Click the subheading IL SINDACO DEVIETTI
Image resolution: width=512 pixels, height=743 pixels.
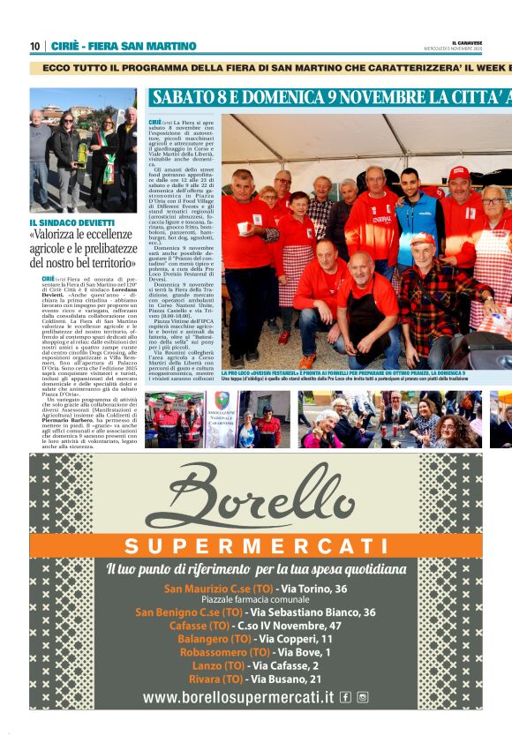click(72, 222)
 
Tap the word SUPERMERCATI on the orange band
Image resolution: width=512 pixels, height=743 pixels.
click(255, 544)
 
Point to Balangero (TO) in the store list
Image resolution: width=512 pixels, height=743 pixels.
click(214, 639)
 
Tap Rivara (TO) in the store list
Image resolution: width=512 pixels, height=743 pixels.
click(216, 679)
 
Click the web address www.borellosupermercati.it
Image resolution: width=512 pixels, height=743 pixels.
click(238, 697)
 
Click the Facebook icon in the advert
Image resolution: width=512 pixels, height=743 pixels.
click(345, 697)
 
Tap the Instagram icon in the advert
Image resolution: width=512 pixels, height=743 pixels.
click(362, 697)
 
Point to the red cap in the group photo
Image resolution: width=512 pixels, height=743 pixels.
click(459, 172)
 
